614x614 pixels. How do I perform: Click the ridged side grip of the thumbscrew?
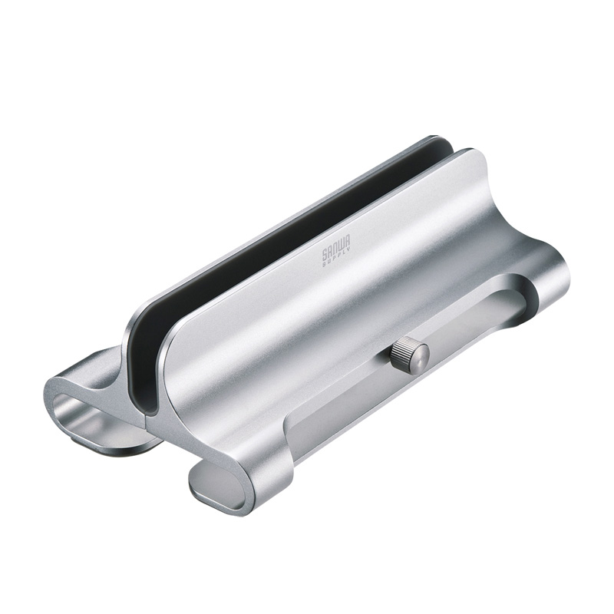tap(401, 355)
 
